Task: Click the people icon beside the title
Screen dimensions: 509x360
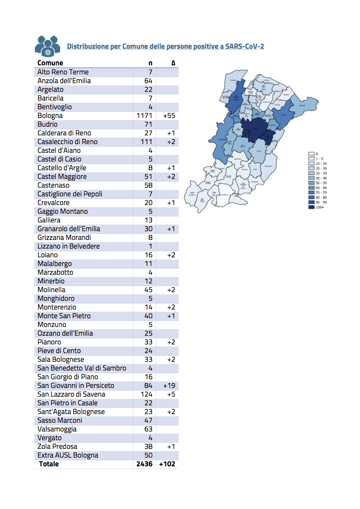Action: pyautogui.click(x=47, y=45)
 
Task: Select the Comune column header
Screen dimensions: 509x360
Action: pyautogui.click(x=50, y=63)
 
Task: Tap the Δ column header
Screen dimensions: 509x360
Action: pyautogui.click(x=173, y=63)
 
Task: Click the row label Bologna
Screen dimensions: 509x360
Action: pyautogui.click(x=50, y=116)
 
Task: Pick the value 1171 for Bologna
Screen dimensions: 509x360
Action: pyautogui.click(x=145, y=116)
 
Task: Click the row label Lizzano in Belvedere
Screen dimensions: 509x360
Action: pyautogui.click(x=68, y=246)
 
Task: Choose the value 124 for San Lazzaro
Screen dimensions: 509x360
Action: pyautogui.click(x=146, y=394)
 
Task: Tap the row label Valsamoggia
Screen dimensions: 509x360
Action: pyautogui.click(x=57, y=429)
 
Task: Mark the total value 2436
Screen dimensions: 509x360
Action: pyautogui.click(x=144, y=464)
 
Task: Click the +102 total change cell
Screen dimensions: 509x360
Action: pyautogui.click(x=167, y=464)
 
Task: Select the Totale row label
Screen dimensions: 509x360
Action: pyautogui.click(x=49, y=464)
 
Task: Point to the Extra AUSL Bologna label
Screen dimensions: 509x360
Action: pyautogui.click(x=68, y=455)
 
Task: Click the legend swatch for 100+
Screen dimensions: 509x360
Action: pyautogui.click(x=311, y=207)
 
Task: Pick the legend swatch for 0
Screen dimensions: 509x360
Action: pyautogui.click(x=311, y=154)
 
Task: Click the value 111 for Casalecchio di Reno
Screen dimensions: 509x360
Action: pyautogui.click(x=146, y=142)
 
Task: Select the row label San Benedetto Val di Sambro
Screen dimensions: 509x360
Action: pyautogui.click(x=82, y=368)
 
